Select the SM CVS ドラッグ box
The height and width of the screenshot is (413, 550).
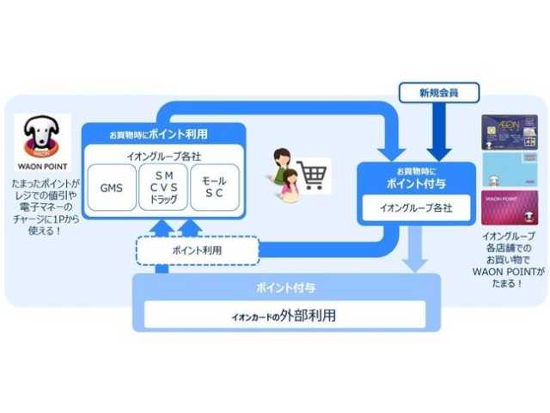(x=162, y=187)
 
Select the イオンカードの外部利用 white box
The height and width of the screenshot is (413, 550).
(x=286, y=315)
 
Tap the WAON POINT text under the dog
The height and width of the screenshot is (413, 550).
(x=40, y=164)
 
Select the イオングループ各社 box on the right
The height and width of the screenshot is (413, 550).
(x=416, y=208)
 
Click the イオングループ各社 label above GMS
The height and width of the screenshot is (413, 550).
(x=162, y=156)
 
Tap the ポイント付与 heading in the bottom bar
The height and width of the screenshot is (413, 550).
(x=286, y=287)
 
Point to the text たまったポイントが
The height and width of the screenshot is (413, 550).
(x=40, y=182)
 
